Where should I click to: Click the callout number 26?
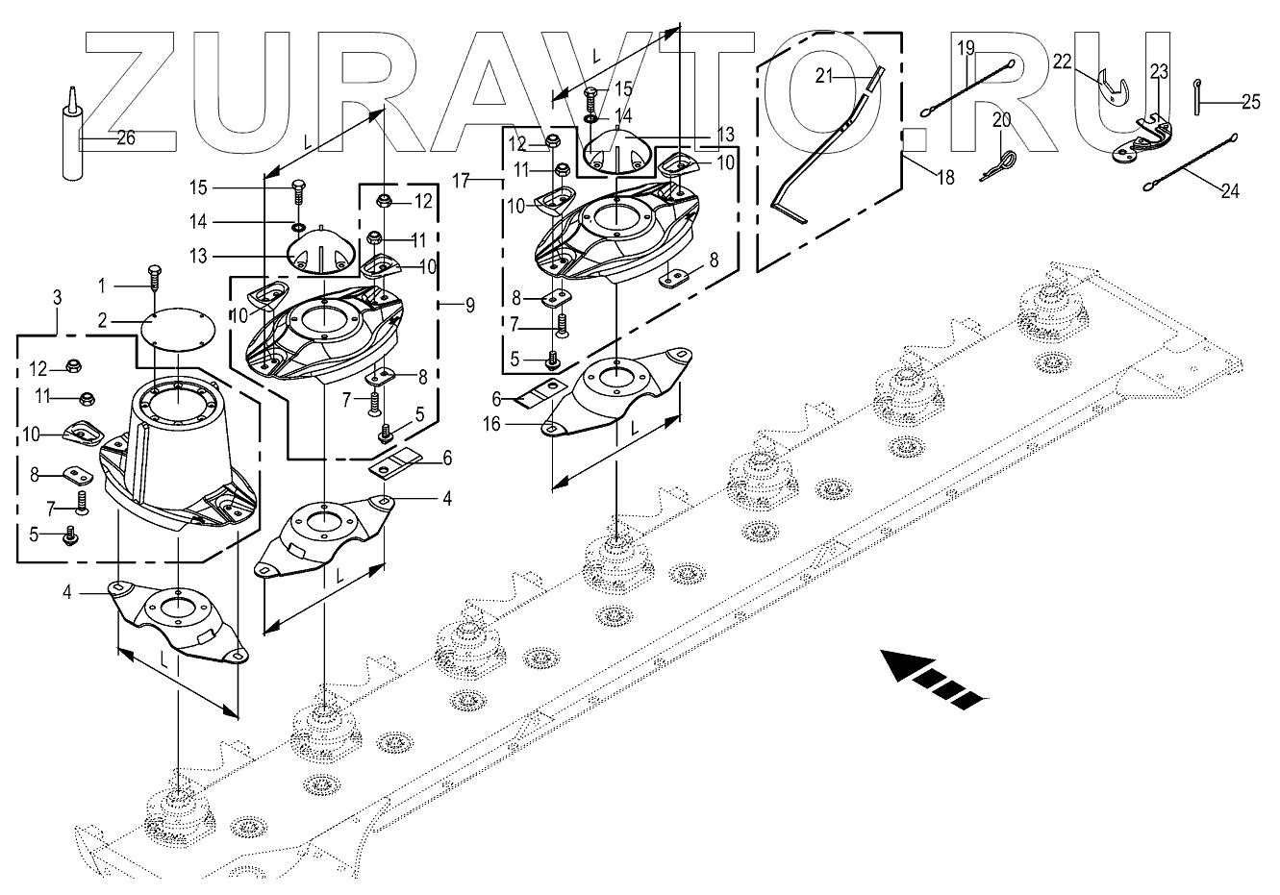[x=125, y=138]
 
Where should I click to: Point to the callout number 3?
[x=57, y=299]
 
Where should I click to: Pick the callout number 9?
[x=469, y=306]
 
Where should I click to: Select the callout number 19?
[x=966, y=46]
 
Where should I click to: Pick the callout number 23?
[x=1158, y=70]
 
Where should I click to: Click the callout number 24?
[x=1229, y=191]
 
